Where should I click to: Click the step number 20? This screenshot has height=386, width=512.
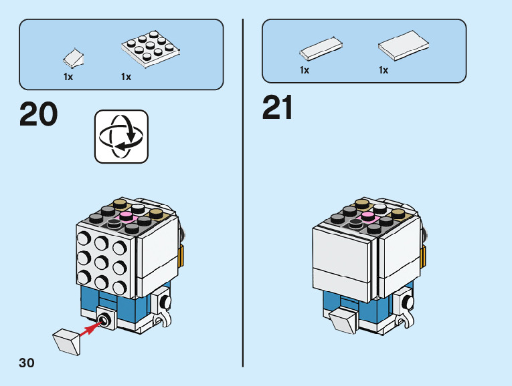(x=39, y=114)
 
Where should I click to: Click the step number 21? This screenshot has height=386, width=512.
(x=278, y=108)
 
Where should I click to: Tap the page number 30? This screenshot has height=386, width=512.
(x=26, y=363)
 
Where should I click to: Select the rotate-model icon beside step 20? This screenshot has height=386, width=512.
(x=121, y=136)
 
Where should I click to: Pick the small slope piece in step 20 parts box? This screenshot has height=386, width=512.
(x=74, y=58)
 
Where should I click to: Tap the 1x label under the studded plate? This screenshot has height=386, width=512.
(x=126, y=77)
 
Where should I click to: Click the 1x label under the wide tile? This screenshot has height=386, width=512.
(x=383, y=70)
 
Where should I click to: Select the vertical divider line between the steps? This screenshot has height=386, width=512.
(x=242, y=194)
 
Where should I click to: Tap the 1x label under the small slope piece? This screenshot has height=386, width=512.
(x=68, y=77)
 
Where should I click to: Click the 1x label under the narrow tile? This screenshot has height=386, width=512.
(x=305, y=70)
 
